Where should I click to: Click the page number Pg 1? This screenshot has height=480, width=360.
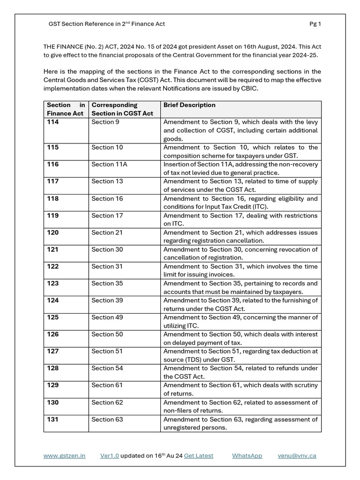[315, 24]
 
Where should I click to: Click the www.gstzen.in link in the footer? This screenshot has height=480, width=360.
[64, 455]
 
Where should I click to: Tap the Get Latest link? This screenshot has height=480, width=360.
[198, 455]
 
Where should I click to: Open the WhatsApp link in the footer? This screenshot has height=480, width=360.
[247, 455]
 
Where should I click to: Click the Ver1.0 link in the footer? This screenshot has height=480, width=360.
[110, 455]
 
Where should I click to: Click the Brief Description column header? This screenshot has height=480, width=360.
[189, 105]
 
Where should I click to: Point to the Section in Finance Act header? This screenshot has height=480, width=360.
[66, 109]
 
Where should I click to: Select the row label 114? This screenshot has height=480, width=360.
[53, 122]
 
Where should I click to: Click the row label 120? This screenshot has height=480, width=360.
[53, 232]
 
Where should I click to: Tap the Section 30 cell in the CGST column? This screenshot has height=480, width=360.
[107, 249]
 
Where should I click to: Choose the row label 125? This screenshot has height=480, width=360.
[53, 317]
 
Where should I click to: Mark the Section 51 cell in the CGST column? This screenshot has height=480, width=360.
[107, 351]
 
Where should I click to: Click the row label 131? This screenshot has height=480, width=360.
[53, 419]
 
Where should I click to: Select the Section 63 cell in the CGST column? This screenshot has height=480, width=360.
[107, 419]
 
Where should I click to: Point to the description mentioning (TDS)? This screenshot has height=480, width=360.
[240, 355]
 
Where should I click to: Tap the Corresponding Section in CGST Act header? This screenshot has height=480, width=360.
[122, 109]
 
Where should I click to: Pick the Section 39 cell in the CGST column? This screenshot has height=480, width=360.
[107, 300]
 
